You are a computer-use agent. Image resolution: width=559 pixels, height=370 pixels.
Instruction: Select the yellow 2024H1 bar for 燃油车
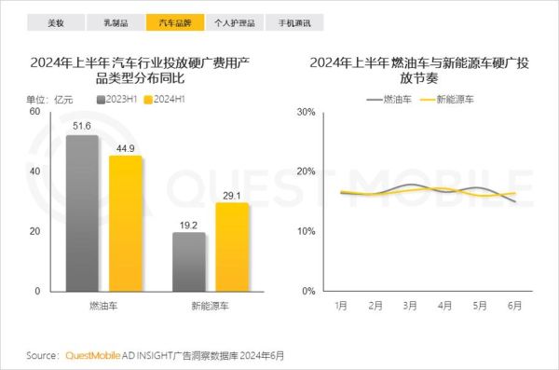(x=126, y=223)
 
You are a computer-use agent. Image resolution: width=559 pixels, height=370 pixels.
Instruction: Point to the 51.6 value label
(x=83, y=126)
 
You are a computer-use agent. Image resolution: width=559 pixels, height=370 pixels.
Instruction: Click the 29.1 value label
(x=232, y=195)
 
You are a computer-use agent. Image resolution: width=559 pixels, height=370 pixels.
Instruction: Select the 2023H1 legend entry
(x=117, y=97)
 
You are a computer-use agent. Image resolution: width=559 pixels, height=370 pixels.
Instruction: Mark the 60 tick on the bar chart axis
(x=34, y=112)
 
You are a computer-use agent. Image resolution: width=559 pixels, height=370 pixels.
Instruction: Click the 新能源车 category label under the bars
(x=211, y=305)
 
